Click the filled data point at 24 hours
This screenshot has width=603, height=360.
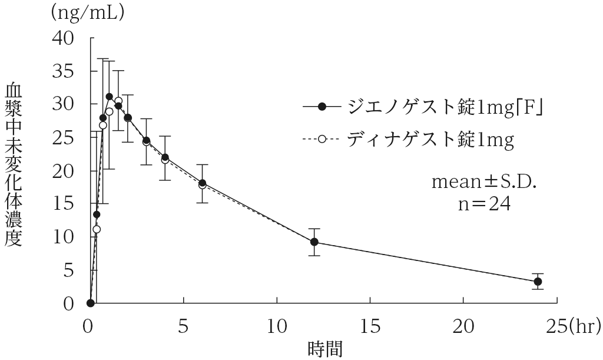538,282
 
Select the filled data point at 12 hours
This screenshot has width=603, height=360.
314,242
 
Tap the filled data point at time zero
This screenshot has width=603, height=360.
90,303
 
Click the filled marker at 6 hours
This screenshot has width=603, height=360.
202,183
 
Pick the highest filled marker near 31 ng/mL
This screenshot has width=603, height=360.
109,96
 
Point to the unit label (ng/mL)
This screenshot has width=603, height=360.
88,12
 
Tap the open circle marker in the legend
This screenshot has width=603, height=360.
322,140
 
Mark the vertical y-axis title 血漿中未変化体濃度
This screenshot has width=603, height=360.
14,164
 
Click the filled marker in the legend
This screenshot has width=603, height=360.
322,107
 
